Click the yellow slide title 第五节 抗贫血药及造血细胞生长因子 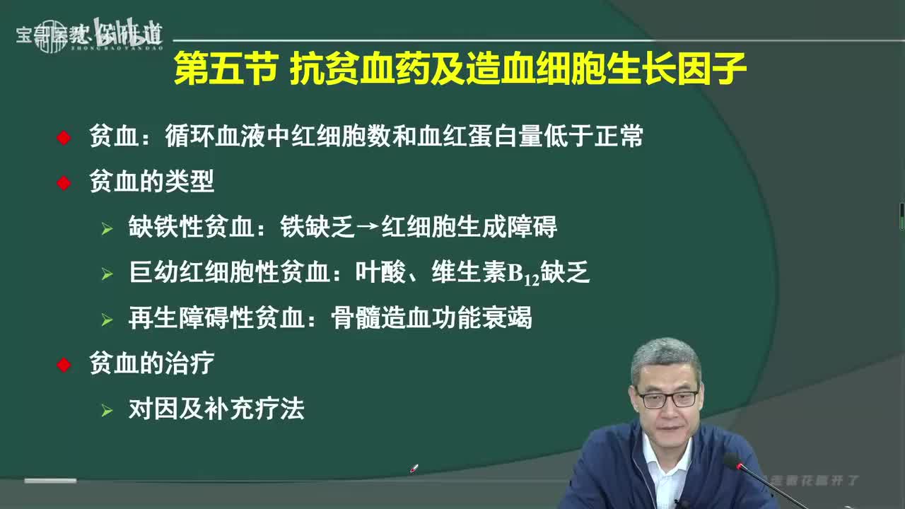(x=460, y=71)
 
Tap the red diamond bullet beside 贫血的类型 (x=64, y=183)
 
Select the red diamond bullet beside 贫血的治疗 (x=64, y=365)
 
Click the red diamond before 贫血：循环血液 (x=64, y=138)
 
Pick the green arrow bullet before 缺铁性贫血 (x=107, y=229)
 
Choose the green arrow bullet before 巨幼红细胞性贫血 (x=107, y=274)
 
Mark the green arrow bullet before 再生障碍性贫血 (x=107, y=320)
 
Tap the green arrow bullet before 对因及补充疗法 (x=107, y=410)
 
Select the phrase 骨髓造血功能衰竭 (x=431, y=319)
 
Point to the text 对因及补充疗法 (x=216, y=409)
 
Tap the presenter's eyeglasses (x=667, y=398)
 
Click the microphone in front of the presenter (x=735, y=464)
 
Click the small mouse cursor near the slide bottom (x=414, y=468)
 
